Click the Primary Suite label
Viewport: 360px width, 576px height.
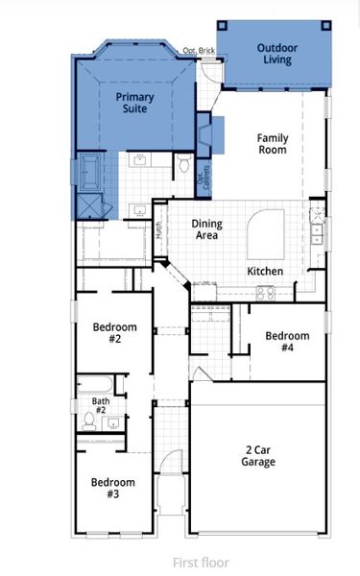134,104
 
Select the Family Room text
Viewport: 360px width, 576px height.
272,144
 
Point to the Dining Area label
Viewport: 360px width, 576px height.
206,229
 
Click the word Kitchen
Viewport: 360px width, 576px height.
265,272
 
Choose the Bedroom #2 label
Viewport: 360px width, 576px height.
114,333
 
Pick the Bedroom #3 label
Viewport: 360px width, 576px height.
112,488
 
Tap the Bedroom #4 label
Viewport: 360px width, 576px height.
287,342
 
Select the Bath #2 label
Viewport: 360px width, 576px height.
100,407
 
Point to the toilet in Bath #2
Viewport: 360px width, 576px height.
88,420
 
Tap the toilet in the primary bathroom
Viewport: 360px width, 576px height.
184,165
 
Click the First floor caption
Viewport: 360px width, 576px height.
201,563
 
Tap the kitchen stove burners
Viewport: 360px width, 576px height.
265,293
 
